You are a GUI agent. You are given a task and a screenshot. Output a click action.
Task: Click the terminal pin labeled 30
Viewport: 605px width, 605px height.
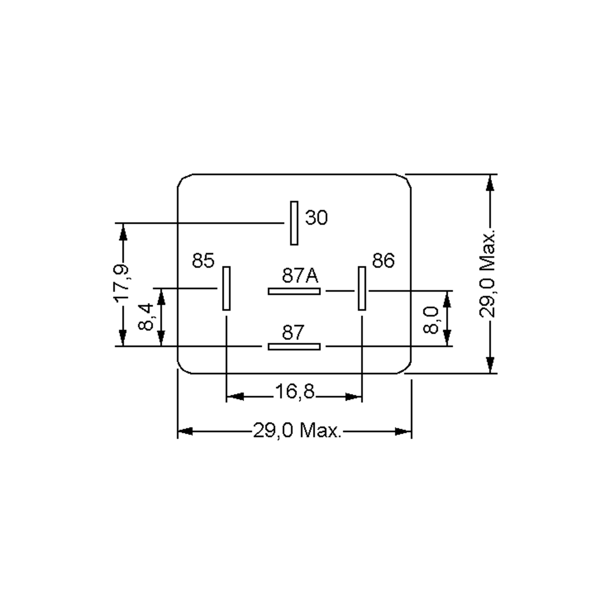[x=294, y=223]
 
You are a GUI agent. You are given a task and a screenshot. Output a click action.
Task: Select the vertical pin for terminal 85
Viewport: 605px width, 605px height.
[x=226, y=288]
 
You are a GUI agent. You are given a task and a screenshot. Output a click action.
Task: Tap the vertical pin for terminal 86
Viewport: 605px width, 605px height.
[x=362, y=288]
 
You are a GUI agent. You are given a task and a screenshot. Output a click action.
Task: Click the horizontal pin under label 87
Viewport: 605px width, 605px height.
[x=294, y=347]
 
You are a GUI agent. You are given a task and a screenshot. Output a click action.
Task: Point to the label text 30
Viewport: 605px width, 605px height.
[x=316, y=217]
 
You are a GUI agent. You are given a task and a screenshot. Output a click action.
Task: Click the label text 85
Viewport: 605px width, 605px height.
[x=203, y=260]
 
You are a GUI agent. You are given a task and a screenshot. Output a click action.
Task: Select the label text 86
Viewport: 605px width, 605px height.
[x=383, y=260]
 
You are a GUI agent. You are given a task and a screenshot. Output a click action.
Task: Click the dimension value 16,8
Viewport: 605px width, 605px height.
[x=294, y=391]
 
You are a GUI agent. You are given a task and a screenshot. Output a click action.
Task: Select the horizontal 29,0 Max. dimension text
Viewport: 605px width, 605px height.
[x=296, y=430]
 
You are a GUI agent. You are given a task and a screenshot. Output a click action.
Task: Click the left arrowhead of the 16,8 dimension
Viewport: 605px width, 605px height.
[x=235, y=397]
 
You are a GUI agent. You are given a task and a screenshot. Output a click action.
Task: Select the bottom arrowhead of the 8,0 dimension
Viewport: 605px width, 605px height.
[x=447, y=338]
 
